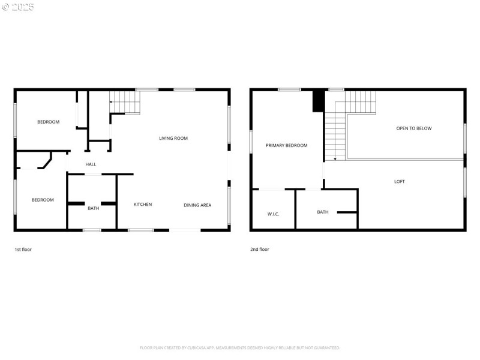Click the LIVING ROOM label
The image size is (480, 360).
point(173,139)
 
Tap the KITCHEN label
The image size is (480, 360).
point(142,205)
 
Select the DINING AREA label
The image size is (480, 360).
point(197,205)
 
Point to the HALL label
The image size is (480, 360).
point(91,164)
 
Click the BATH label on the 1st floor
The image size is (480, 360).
point(93,208)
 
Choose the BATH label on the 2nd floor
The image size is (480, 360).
point(323,212)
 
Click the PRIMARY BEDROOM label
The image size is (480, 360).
point(286,145)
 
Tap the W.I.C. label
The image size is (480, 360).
point(273,214)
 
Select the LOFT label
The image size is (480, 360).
point(399,182)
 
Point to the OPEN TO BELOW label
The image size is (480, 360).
point(413,128)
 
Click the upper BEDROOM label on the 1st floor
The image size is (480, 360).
point(48,122)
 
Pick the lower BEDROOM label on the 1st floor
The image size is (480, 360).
point(43,200)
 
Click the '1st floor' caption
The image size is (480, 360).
point(23,249)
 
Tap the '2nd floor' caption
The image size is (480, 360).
point(260,249)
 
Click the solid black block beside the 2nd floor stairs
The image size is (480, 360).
point(318,101)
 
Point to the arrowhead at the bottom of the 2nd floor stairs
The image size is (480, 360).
point(334,159)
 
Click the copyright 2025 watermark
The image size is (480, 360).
point(18,7)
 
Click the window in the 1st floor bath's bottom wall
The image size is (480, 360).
point(91,230)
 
